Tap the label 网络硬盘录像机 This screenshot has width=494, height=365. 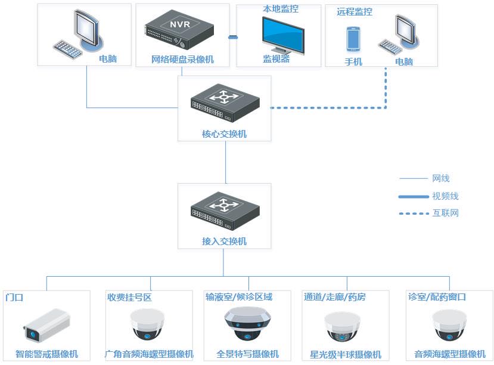[182, 60]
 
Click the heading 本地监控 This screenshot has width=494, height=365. [281, 10]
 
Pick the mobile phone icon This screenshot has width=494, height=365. [353, 39]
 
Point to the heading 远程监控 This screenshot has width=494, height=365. [355, 12]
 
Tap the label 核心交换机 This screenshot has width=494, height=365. [224, 134]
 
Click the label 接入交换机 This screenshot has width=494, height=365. [224, 242]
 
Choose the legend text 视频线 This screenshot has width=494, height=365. [445, 196]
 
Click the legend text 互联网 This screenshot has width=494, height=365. [445, 213]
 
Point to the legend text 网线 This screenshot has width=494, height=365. [441, 178]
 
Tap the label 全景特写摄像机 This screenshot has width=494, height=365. [247, 354]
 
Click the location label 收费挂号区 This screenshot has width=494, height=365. [129, 297]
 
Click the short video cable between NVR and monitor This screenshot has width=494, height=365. [233, 37]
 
